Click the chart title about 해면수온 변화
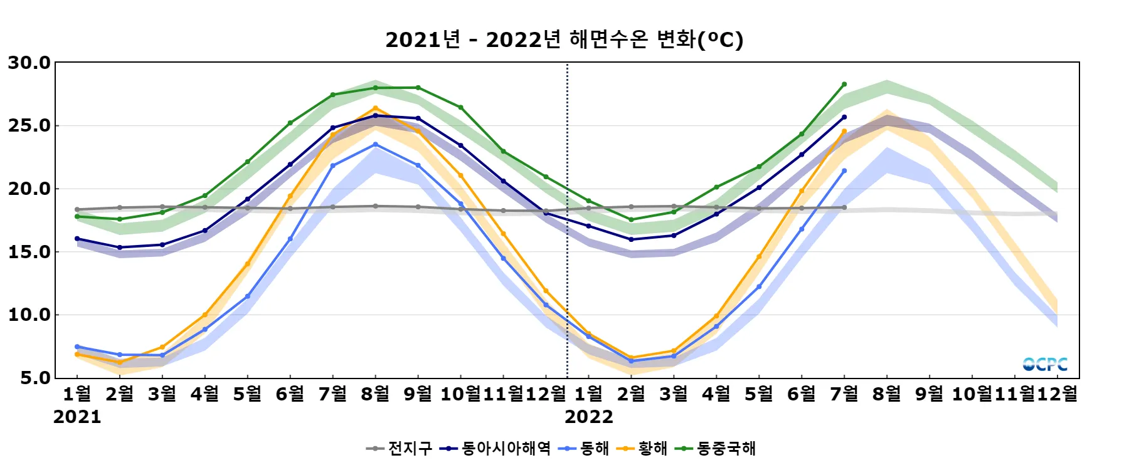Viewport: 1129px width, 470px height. (x=564, y=39)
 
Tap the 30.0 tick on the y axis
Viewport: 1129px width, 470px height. (x=29, y=63)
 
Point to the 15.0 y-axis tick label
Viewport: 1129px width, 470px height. (x=29, y=252)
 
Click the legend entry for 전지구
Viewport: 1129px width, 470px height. (x=400, y=449)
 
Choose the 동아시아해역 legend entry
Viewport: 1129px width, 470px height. (x=495, y=449)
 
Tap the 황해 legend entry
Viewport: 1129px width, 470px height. (x=643, y=449)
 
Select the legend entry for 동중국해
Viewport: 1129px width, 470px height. (x=716, y=449)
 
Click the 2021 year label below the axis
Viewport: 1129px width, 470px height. (x=77, y=417)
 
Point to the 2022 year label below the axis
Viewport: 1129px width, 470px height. (x=588, y=417)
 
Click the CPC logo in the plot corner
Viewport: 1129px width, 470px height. (x=1044, y=364)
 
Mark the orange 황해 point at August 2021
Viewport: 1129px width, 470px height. (x=376, y=108)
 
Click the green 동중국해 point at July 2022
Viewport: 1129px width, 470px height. (x=844, y=84)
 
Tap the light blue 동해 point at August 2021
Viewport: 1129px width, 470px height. (x=376, y=144)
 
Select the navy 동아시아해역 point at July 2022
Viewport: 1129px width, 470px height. (x=844, y=117)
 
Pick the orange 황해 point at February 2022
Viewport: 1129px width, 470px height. (x=631, y=358)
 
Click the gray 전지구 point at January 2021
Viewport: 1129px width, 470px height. (x=77, y=209)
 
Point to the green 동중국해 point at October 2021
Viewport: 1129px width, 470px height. (x=461, y=108)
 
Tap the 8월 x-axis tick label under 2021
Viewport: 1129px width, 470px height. (x=376, y=394)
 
